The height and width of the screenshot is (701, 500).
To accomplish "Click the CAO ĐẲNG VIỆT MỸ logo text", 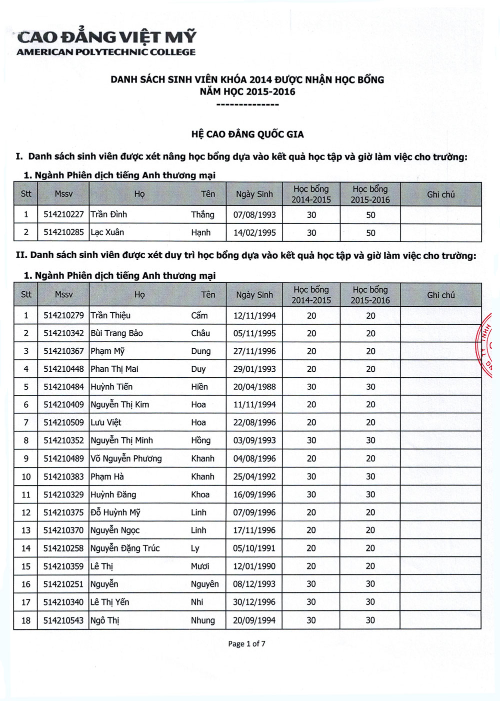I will coord(106,37).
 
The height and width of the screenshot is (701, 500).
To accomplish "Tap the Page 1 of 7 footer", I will coord(246,643).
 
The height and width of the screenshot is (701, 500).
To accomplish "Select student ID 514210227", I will coord(63,215).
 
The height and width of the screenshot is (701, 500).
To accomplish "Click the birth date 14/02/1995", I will coord(254,233).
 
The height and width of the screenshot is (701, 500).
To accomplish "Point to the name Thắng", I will coord(202,215).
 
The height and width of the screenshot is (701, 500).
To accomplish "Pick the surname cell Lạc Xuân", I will coord(107,233).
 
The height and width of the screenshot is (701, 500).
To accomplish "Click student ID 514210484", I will coord(63,387).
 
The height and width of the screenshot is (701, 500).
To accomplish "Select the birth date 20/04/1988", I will coord(254,387).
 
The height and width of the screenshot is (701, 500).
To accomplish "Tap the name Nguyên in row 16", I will coord(204,584).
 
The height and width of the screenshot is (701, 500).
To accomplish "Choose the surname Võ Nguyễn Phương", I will coord(126,458).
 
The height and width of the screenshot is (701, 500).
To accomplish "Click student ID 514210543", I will coord(63,620).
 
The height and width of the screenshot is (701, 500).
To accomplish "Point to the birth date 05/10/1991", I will coord(254,548).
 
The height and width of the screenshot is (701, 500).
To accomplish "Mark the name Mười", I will coord(200,566).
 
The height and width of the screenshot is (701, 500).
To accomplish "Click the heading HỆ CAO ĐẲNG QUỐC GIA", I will coord(247,134).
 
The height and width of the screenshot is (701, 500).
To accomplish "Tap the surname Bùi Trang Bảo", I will coord(116,333).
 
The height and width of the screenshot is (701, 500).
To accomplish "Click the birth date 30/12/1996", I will coord(254,602).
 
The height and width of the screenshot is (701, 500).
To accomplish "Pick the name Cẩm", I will coord(199,316).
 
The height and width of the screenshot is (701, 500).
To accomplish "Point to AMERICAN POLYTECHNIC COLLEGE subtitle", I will coord(106,52).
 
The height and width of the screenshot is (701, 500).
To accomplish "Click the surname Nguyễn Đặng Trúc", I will coord(125,548).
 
